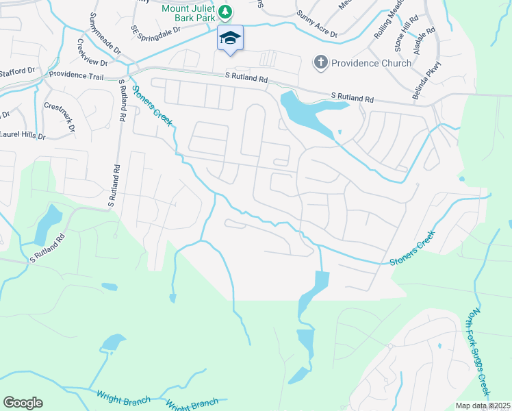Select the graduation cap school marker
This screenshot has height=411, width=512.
[230, 39]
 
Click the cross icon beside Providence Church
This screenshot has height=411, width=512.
[320, 63]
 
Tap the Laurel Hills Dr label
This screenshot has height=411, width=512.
[22, 135]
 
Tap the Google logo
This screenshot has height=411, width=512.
[23, 403]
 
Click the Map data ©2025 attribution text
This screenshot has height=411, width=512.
[483, 406]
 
